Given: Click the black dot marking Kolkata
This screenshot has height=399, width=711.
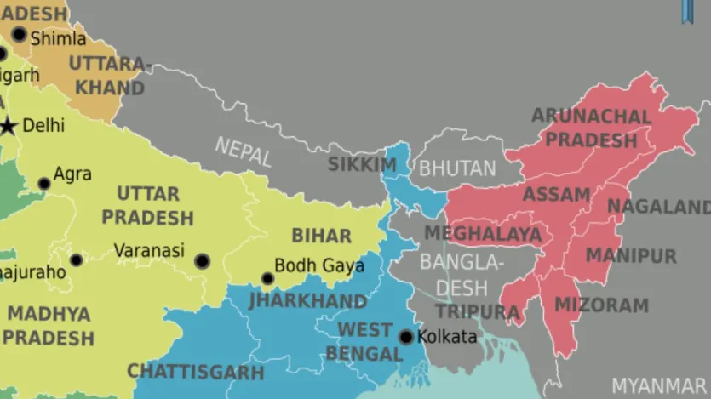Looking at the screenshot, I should (406, 337).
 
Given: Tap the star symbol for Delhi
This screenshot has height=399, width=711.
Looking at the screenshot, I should (9, 126).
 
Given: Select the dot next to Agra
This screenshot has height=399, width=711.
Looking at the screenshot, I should (44, 183).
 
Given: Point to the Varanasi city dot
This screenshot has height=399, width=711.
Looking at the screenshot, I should (202, 261).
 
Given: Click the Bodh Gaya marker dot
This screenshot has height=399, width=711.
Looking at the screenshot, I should (267, 278).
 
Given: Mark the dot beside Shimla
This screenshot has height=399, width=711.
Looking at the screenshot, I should (19, 35).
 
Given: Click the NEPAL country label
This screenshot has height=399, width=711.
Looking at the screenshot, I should (244, 151).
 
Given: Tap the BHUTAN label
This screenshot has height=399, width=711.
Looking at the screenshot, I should (457, 168).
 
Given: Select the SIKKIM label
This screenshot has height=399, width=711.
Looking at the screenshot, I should (362, 164).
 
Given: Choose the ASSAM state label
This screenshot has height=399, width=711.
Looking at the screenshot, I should (556, 195).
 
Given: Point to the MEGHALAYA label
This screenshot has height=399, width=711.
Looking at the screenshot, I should (483, 233).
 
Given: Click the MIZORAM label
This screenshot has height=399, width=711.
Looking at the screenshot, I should (601, 305).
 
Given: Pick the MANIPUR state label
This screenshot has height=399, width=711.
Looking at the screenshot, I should (631, 255).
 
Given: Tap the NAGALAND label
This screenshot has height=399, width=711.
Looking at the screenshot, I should (657, 207).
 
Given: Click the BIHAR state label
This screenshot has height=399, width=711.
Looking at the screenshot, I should (321, 236).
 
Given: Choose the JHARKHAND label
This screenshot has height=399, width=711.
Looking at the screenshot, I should (308, 301).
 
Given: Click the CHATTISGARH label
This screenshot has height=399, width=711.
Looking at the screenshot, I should (196, 372).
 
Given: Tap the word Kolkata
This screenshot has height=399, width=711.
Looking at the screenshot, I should (448, 337).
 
